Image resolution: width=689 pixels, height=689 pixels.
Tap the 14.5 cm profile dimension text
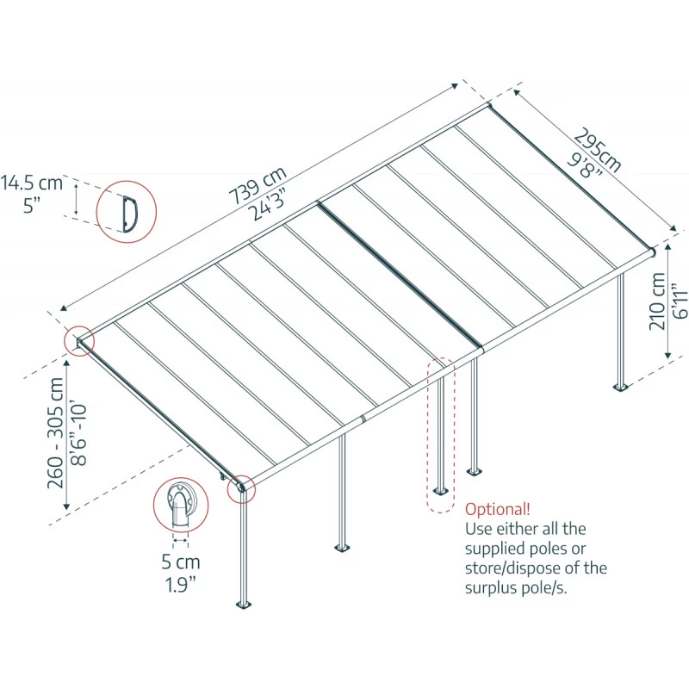tap(32, 183)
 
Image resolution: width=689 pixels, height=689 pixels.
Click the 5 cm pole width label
tap(180, 562)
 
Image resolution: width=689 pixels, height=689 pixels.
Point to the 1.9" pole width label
tap(180, 584)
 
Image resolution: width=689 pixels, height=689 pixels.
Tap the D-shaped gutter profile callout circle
tap(126, 209)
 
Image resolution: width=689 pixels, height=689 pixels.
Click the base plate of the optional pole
tap(441, 493)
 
